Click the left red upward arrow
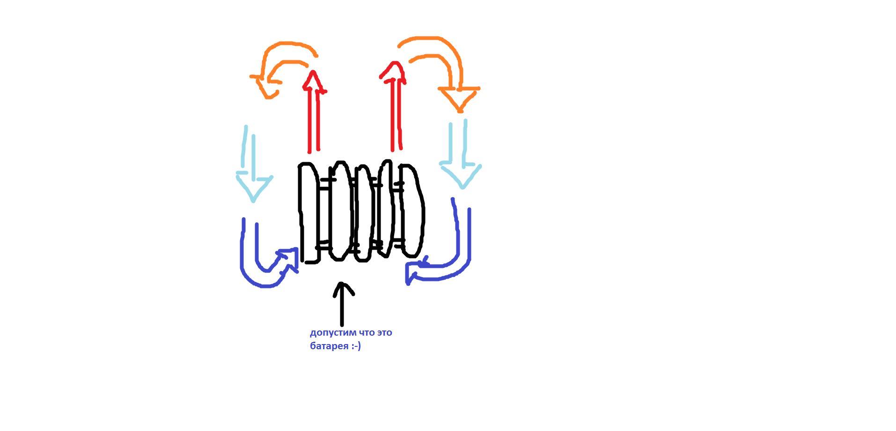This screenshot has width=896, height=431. (x=314, y=117)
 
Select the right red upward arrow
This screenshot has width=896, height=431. (x=397, y=112)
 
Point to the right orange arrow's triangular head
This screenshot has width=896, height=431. (x=459, y=98)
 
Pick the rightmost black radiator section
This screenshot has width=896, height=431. (x=412, y=210)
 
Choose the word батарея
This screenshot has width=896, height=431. (x=329, y=346)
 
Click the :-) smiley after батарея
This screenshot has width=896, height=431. (x=356, y=346)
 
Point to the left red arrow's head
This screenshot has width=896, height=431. (x=314, y=82)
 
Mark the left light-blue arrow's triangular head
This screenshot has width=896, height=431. (x=253, y=187)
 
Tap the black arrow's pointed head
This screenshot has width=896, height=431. (x=343, y=287)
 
